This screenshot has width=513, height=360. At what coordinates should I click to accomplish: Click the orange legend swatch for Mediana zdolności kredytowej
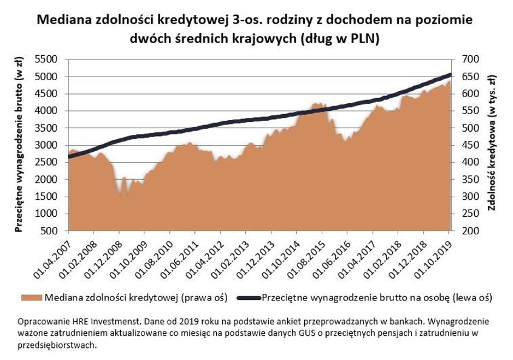(x=31, y=298)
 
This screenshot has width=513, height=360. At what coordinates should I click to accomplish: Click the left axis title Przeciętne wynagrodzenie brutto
(x=19, y=146)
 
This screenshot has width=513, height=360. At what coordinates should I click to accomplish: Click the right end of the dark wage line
(x=450, y=75)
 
